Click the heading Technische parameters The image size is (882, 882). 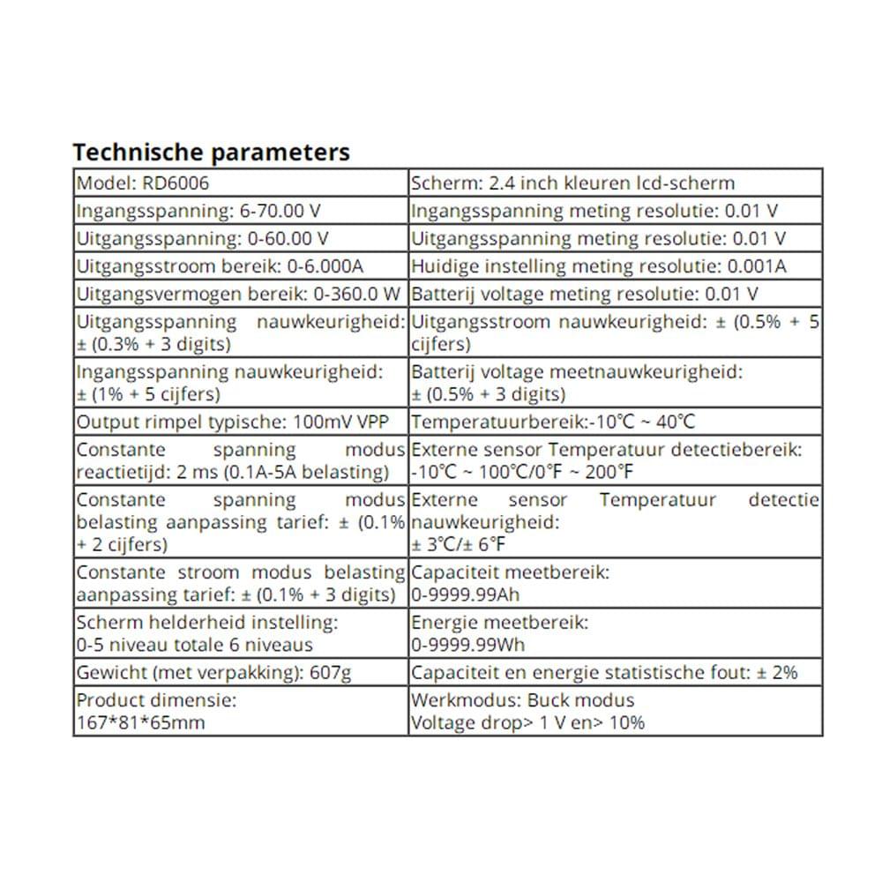pos(211,152)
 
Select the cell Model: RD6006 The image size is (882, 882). pos(132,183)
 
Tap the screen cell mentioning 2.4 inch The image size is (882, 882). pos(572,183)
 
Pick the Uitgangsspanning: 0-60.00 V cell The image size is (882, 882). pos(203,238)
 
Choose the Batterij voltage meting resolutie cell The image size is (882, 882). pos(585,293)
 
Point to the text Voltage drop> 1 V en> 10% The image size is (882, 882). pos(527,722)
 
